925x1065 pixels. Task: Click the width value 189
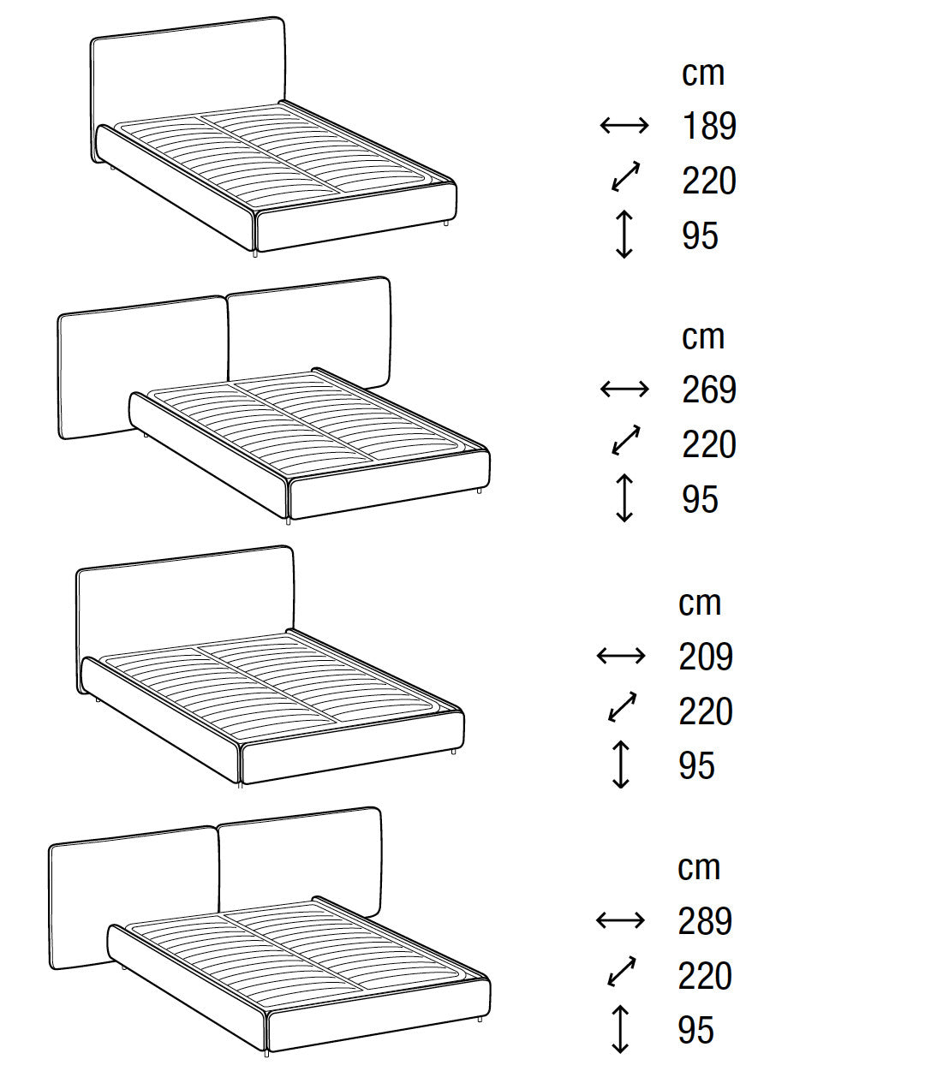(x=709, y=126)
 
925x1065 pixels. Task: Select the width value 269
(x=709, y=390)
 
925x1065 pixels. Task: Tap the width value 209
(x=706, y=657)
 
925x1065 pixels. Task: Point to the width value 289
(x=705, y=921)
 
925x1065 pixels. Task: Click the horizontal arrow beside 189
(x=624, y=125)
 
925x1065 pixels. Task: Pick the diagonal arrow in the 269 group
(x=626, y=440)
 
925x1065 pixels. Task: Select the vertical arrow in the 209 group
(x=620, y=765)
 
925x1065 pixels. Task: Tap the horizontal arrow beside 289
(x=620, y=920)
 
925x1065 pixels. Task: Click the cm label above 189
(x=702, y=74)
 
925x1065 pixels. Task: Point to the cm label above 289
(x=699, y=868)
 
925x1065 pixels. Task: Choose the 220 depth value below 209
(x=706, y=711)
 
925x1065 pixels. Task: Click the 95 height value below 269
(x=700, y=500)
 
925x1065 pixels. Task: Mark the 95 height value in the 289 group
(x=696, y=1030)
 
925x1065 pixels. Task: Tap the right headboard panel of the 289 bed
(x=299, y=864)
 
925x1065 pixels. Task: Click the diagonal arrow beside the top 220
(x=626, y=176)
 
